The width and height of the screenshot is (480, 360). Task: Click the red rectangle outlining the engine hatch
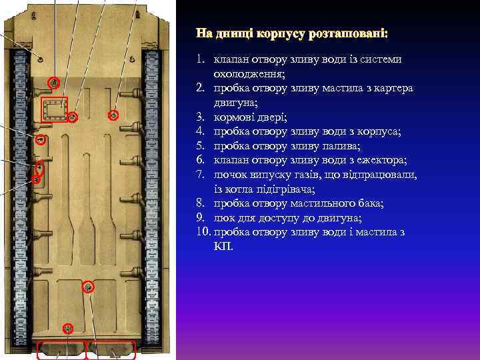click(55, 109)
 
